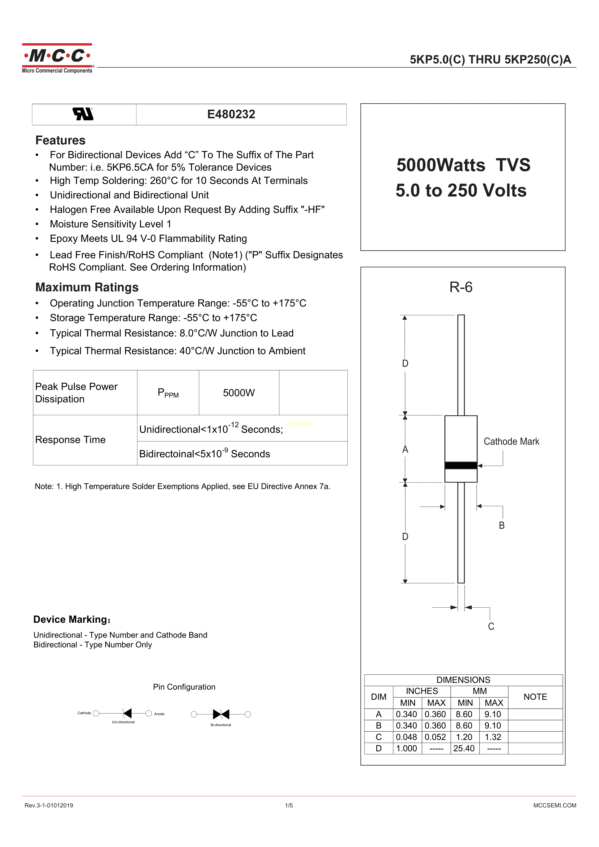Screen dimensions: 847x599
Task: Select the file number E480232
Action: pos(231,114)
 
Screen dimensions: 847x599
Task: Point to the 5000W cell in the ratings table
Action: pos(239,393)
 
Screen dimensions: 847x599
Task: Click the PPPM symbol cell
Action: pos(168,393)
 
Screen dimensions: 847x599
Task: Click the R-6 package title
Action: pos(461,287)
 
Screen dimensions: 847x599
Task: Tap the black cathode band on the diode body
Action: pos(461,466)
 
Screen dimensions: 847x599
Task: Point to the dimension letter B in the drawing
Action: pos(501,525)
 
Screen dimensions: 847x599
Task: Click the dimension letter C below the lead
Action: pos(491,626)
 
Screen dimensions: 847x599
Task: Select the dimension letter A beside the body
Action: pos(405,449)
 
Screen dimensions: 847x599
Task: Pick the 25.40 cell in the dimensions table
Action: pos(464,749)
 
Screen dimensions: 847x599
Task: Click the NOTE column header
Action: pos(535,697)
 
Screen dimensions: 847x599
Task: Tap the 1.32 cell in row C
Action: pos(493,737)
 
